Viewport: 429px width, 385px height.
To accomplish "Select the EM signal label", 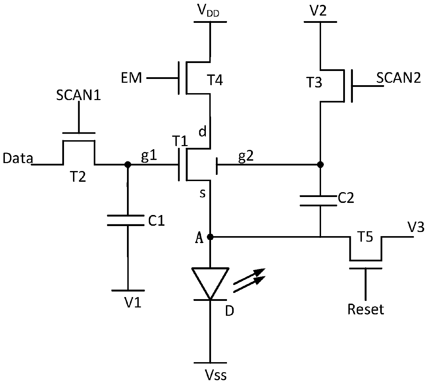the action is pos(131,78).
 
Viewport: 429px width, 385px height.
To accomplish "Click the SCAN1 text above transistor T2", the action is pos(78,95).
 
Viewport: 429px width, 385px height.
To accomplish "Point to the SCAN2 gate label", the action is pos(399,78).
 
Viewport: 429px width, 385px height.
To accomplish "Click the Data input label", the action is pos(18,158).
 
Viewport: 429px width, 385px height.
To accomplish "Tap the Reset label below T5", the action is pos(366,310).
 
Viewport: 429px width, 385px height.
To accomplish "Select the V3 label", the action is pos(416,227).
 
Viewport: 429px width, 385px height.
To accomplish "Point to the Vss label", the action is pos(215,374).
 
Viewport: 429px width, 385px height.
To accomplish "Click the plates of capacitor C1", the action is pos(126,220).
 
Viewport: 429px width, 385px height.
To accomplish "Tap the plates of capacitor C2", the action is pos(319,201).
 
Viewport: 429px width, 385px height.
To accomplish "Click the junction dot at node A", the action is pos(210,237).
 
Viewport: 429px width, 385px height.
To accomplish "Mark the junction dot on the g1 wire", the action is pos(127,164).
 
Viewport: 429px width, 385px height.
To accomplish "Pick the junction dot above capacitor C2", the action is pos(320,164).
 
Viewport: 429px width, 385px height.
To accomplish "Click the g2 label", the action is pos(246,156).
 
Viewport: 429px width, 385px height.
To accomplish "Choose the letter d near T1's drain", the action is pos(202,131).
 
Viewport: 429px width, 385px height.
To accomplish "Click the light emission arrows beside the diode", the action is pos(249,280).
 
